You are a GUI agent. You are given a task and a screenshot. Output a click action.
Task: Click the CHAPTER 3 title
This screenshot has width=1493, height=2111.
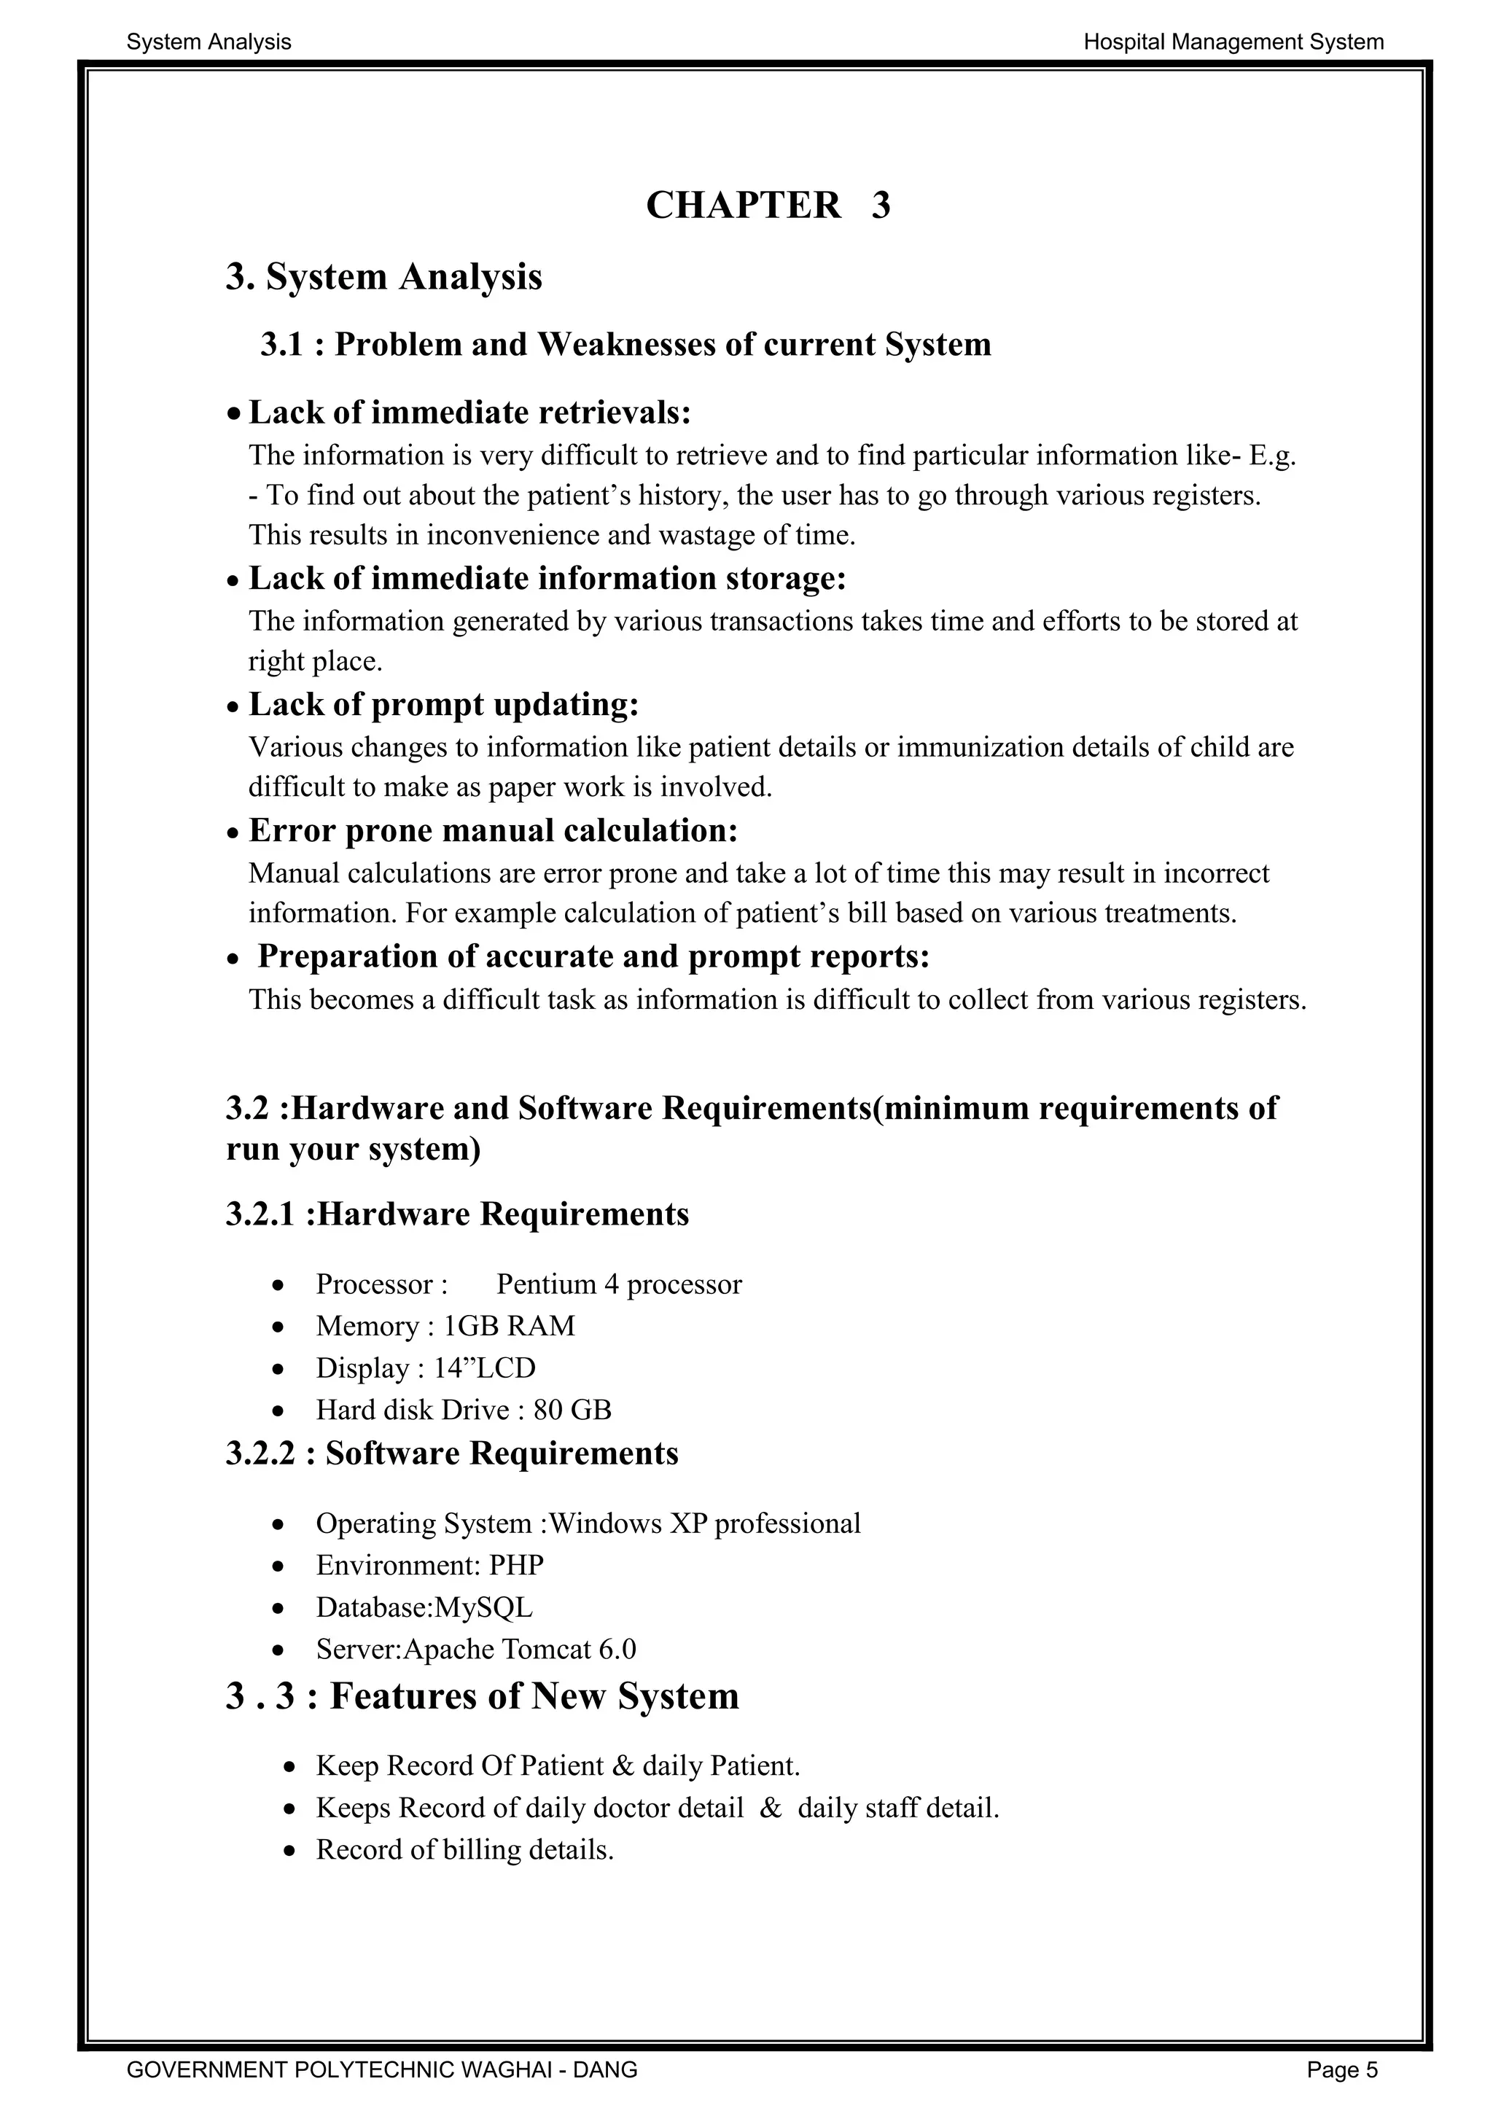[768, 205]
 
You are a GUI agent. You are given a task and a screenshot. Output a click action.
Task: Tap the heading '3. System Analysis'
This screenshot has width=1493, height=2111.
[383, 277]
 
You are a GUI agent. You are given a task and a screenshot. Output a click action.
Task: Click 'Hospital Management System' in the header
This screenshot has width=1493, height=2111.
[1233, 42]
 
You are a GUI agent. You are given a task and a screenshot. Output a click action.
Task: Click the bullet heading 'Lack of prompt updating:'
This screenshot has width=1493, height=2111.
[443, 704]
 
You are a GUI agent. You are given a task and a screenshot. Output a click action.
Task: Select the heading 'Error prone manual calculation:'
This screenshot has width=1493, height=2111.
[493, 830]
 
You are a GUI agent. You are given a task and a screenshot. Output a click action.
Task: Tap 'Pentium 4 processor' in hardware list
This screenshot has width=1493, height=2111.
[619, 1284]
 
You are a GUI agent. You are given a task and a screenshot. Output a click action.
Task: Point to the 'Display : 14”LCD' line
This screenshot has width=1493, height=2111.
[426, 1368]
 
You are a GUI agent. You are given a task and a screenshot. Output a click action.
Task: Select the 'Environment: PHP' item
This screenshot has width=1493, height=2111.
[429, 1565]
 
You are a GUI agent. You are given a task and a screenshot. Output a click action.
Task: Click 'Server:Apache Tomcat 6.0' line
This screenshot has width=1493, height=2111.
[475, 1650]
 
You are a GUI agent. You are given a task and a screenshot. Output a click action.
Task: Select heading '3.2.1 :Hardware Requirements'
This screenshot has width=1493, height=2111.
[457, 1214]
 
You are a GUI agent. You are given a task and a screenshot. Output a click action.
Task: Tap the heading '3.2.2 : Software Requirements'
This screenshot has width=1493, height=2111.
[451, 1453]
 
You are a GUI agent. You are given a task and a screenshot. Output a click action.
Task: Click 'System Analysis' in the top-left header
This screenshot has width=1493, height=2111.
[208, 42]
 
